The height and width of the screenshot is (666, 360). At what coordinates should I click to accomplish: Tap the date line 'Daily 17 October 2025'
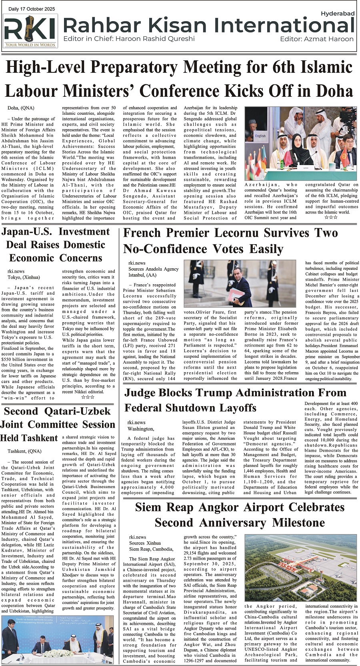click(32, 9)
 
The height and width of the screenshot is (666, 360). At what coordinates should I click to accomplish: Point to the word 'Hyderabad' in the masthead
click(338, 14)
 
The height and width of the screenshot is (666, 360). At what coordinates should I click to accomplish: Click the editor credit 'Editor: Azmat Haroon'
click(317, 39)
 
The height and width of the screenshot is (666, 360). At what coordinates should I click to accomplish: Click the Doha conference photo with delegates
click(300, 144)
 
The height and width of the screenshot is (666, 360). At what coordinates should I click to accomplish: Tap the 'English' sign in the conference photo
click(260, 136)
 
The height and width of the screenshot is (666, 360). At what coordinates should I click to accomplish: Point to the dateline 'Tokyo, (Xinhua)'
click(24, 277)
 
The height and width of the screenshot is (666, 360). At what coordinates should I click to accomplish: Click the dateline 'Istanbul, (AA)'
click(142, 275)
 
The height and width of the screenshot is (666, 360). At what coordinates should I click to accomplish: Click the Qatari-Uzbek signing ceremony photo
click(58, 640)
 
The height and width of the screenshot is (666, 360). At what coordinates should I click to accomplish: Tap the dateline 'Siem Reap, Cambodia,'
click(151, 549)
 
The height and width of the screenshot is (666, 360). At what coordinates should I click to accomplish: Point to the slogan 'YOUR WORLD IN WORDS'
click(30, 45)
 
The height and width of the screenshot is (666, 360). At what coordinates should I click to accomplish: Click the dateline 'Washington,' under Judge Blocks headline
click(140, 429)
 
